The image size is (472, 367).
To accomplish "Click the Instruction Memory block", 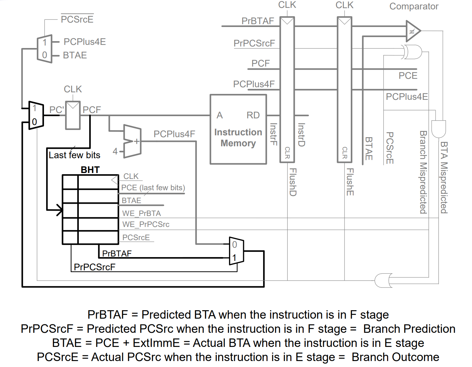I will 238,129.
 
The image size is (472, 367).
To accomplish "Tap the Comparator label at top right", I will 414,6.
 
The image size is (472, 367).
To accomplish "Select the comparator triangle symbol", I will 413,31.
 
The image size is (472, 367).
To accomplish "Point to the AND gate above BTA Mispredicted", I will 438,129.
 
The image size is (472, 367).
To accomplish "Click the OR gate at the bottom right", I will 383,280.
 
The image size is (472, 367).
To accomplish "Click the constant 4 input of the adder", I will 115,151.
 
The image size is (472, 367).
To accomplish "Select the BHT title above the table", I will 90,170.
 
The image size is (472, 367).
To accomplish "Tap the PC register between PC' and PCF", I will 73,115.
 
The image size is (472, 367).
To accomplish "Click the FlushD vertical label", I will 293,182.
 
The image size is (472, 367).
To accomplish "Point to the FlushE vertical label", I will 350,182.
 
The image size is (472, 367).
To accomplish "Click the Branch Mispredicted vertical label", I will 423,172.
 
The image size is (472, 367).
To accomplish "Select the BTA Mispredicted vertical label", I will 444,177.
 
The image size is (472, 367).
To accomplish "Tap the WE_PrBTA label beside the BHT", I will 141,213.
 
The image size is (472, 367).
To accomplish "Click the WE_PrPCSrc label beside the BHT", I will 146,224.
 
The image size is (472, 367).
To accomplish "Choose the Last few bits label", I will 74,155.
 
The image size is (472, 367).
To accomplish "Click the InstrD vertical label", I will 301,135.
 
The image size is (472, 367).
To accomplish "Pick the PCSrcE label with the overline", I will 77,19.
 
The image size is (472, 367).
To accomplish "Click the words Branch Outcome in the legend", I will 395,357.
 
